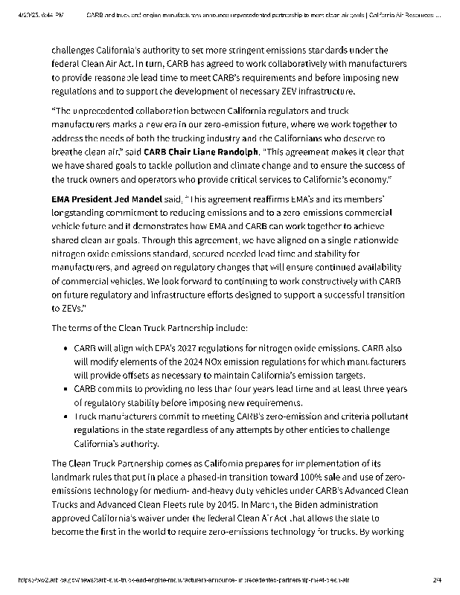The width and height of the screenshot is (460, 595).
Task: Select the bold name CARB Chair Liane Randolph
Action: coord(200,152)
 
